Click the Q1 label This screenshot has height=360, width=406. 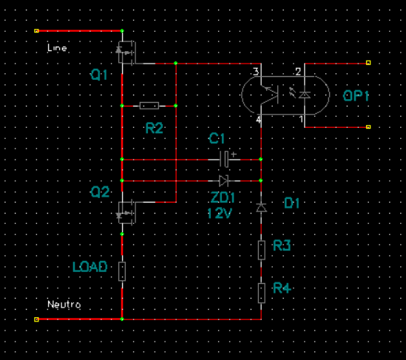[98, 75]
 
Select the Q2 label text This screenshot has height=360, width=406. [100, 192]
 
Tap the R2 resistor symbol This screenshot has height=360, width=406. [149, 106]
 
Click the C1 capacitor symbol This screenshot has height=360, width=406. [224, 159]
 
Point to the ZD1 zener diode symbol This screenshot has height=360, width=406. [223, 180]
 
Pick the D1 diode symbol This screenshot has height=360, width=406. [261, 208]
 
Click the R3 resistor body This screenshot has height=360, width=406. [262, 250]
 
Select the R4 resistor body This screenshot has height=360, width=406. [262, 293]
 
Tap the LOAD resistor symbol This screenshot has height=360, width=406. [122, 271]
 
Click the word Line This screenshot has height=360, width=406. [57, 48]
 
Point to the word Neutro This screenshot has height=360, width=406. [64, 305]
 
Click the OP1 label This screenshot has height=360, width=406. [356, 96]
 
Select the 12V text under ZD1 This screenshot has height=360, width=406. [220, 214]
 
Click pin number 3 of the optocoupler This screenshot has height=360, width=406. [256, 72]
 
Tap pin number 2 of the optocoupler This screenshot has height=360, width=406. [298, 72]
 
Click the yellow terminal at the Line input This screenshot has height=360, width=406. [36, 31]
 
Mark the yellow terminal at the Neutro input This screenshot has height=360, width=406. [36, 319]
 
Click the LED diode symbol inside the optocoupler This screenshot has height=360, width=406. [305, 95]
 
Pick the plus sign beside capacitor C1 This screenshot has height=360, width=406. [234, 154]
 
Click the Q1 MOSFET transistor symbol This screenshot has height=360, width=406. [126, 52]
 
